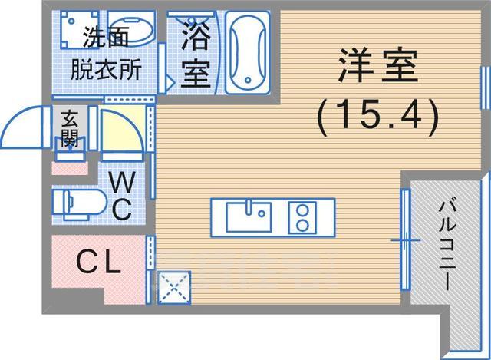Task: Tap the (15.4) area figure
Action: pos(377,115)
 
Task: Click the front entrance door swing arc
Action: pos(31,123)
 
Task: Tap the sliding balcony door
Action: pos(404,239)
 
